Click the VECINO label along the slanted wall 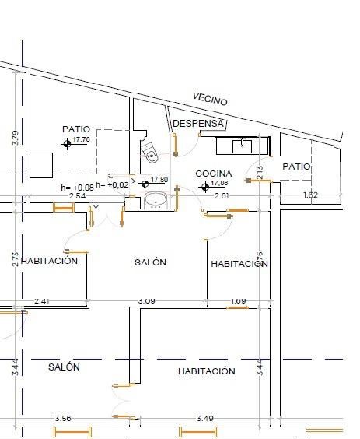(x=210, y=100)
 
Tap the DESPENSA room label (x=199, y=124)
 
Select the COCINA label (x=213, y=173)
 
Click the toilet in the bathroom (x=149, y=152)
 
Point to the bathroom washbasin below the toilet (x=156, y=202)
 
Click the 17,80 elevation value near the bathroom (x=159, y=179)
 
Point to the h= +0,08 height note (x=77, y=187)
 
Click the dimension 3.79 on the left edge (x=15, y=138)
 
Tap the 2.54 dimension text (x=77, y=196)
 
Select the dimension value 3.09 (x=146, y=300)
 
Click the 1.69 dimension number (x=239, y=300)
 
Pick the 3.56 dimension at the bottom (x=63, y=419)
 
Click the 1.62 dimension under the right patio (x=310, y=195)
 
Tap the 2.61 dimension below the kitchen (x=220, y=196)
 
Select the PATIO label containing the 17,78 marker (x=76, y=128)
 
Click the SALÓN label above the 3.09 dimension (x=150, y=263)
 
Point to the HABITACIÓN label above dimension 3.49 (x=206, y=371)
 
